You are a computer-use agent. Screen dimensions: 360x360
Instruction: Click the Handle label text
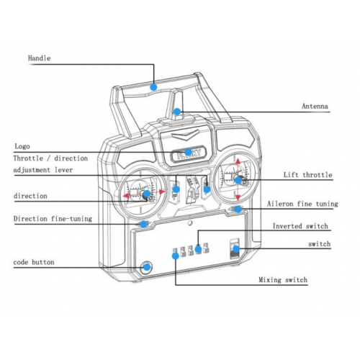coord(40,58)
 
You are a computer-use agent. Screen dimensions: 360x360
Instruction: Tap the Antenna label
coord(315,106)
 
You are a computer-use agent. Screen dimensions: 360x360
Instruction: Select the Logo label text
coord(22,146)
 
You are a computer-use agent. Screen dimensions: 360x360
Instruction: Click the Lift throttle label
coord(308,175)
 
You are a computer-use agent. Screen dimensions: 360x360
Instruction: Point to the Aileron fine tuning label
coord(302,204)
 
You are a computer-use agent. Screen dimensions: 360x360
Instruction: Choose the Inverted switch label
coord(300,226)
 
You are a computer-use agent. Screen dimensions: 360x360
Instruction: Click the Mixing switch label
coord(283,280)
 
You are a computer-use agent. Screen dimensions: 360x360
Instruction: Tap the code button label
coord(34,262)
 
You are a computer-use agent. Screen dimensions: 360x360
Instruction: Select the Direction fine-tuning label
coord(53,219)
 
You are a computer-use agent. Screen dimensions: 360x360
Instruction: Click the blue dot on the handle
coord(153,87)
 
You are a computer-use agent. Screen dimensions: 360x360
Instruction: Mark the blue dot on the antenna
coord(177,112)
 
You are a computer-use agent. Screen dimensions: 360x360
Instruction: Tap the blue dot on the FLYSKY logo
coord(188,152)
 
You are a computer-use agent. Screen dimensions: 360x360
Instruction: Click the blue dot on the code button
coord(147,266)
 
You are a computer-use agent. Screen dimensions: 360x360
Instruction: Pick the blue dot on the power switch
coord(236,249)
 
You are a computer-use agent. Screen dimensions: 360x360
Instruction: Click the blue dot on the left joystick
coord(147,194)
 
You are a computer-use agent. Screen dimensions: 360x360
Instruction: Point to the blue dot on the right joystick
coord(238,180)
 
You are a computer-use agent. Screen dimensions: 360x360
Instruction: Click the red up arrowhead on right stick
coord(238,161)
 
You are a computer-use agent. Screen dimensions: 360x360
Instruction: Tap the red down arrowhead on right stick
coord(238,197)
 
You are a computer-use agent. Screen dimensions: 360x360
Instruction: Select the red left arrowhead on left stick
coord(126,196)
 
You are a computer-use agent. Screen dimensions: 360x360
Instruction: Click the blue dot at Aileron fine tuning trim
coord(238,209)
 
